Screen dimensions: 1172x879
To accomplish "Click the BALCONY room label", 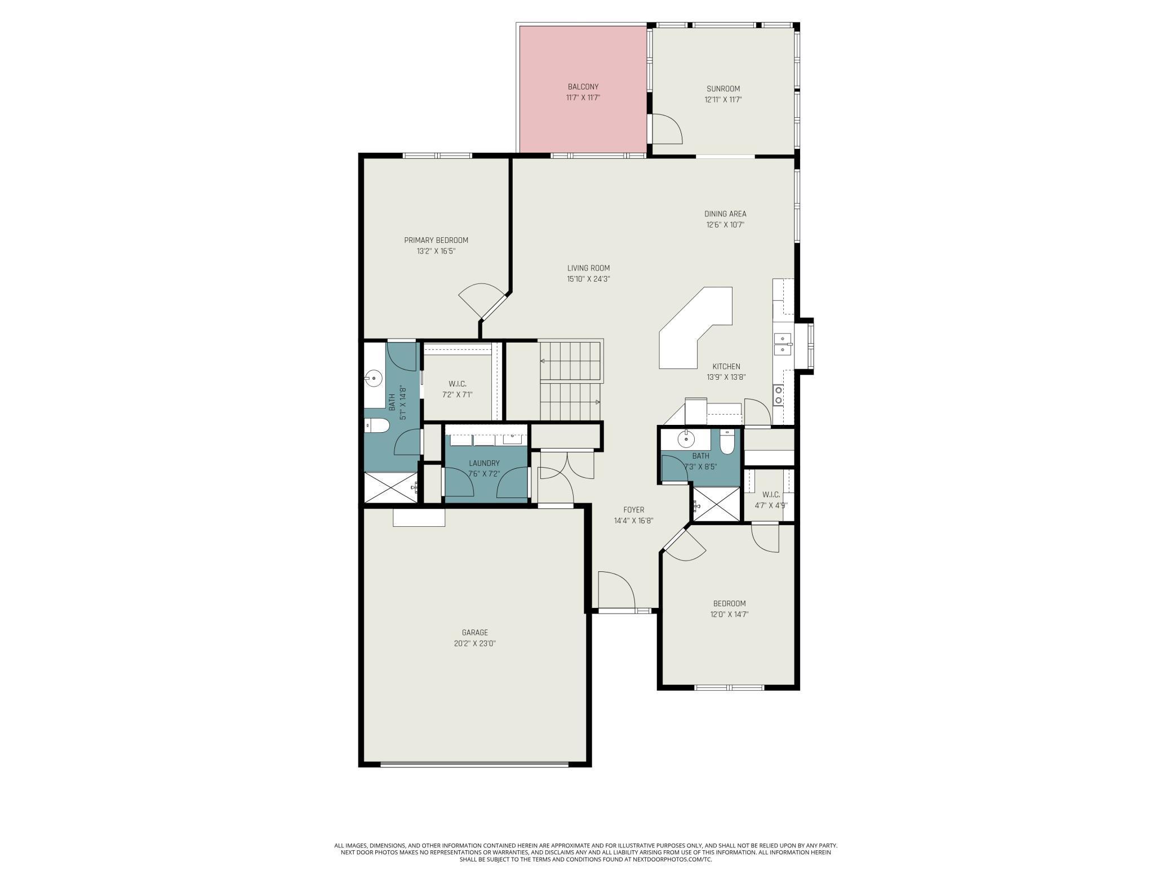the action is click(583, 87).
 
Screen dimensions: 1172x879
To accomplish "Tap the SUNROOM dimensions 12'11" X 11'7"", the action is click(723, 100).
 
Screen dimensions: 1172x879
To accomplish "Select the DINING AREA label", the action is click(725, 214).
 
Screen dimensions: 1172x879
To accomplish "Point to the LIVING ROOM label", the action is click(588, 268).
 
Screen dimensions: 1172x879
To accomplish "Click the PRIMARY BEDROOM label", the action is click(436, 241).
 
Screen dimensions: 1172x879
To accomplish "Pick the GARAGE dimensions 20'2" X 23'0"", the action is click(475, 643).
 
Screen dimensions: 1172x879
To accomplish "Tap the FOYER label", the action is click(634, 510).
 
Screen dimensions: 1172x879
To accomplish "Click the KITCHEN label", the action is click(726, 367).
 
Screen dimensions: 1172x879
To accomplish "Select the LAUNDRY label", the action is click(484, 463).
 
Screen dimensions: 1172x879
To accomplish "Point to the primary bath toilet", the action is click(376, 426).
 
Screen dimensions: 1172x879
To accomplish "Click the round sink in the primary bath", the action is click(374, 378).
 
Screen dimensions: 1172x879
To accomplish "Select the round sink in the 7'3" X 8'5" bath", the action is click(687, 437).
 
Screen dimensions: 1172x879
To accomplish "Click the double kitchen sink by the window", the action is click(783, 344).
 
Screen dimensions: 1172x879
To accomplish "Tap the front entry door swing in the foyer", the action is click(616, 591).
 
